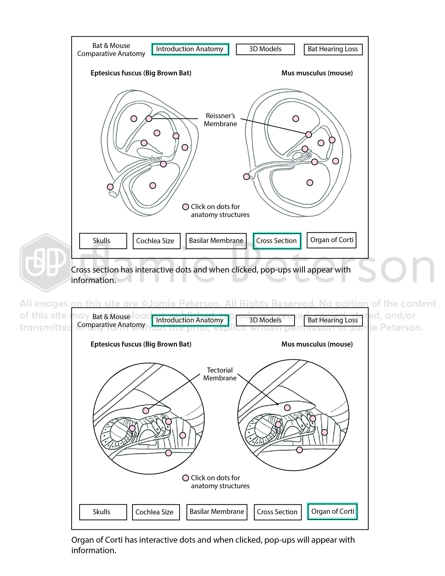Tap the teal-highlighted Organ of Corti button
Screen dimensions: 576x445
pyautogui.click(x=332, y=511)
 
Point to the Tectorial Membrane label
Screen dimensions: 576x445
pyautogui.click(x=220, y=374)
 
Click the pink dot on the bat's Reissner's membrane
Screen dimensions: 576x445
pyautogui.click(x=149, y=119)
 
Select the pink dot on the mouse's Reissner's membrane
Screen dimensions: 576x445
pyautogui.click(x=308, y=135)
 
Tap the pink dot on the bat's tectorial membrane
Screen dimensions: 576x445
pyautogui.click(x=146, y=410)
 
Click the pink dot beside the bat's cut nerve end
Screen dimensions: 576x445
pyautogui.click(x=110, y=187)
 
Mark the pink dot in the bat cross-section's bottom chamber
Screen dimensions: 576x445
pyautogui.click(x=153, y=186)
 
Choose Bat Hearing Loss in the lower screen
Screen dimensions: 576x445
pyautogui.click(x=333, y=320)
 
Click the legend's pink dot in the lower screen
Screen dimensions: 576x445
pyautogui.click(x=186, y=478)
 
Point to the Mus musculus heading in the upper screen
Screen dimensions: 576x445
pyautogui.click(x=317, y=73)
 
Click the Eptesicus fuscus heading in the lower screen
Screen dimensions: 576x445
pyautogui.click(x=141, y=344)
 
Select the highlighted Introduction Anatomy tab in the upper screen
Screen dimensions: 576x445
pyautogui.click(x=190, y=49)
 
